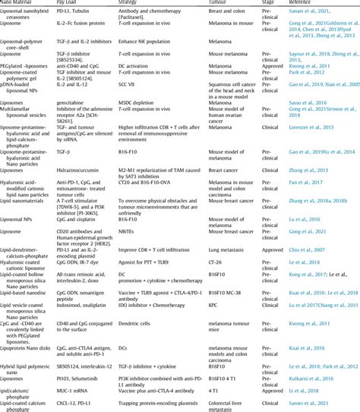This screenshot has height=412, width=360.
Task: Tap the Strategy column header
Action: (151, 4)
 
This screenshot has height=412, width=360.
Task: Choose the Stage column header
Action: (281, 4)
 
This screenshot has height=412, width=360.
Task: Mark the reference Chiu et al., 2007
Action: (319, 269)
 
